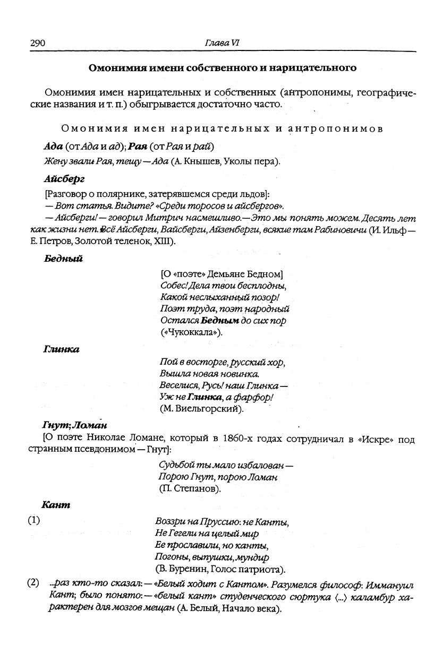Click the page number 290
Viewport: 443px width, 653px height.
37,43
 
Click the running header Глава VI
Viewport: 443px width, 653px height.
221,43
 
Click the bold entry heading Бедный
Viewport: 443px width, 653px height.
62,259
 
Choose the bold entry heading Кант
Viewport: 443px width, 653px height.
56,505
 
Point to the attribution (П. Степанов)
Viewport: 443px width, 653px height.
190,488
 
